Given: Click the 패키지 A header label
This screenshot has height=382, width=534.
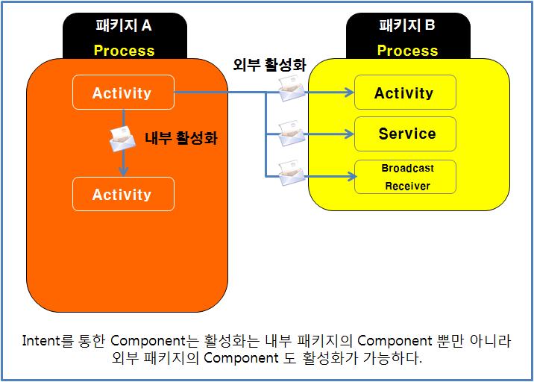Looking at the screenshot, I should click(x=124, y=26).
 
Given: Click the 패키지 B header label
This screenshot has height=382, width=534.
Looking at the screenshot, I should click(x=407, y=26).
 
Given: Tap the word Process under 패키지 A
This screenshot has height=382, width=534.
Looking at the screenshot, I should click(x=124, y=51).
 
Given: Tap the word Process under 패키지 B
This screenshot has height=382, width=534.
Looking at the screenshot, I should click(x=407, y=51).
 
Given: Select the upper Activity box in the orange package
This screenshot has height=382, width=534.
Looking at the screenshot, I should click(x=122, y=93).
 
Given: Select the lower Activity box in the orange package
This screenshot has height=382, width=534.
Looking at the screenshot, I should click(x=122, y=195).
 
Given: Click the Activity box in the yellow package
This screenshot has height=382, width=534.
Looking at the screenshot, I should click(x=404, y=93).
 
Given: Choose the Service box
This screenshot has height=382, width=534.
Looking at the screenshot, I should click(x=404, y=134).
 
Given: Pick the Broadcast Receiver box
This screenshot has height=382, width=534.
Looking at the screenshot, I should click(x=404, y=177).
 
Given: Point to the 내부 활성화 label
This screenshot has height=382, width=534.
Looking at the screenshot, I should click(x=180, y=138).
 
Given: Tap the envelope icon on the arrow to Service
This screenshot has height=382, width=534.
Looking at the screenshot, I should click(x=292, y=134).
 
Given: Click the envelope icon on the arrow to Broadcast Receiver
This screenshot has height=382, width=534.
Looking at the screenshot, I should click(x=292, y=175).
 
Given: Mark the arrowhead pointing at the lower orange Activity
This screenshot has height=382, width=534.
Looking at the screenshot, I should click(x=123, y=172).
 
